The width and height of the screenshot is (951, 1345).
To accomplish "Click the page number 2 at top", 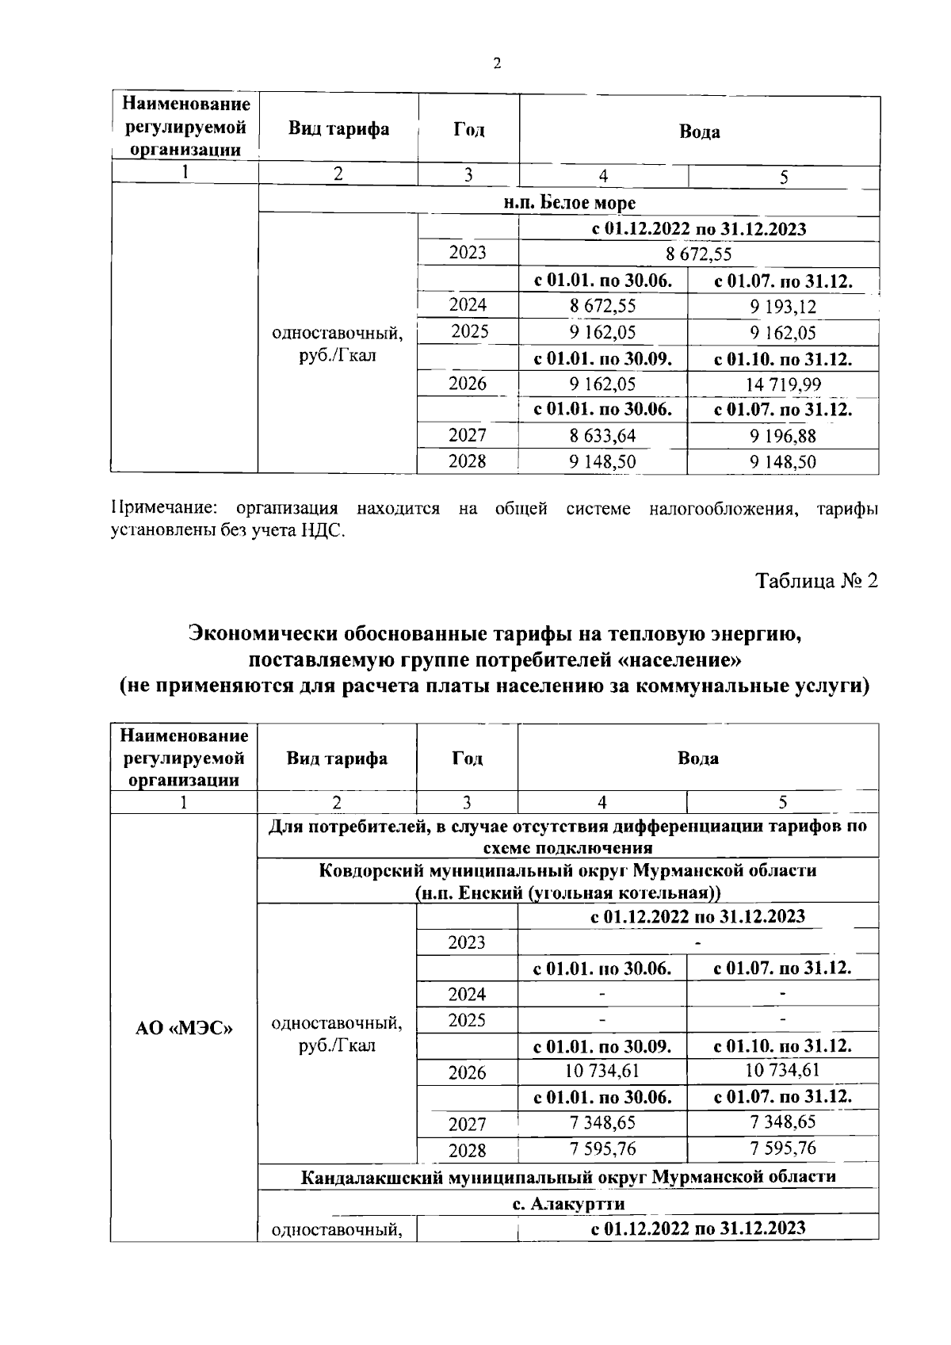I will tap(497, 64).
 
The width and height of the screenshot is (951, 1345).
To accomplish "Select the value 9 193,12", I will tap(784, 307).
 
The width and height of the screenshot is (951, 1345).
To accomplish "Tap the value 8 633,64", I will tap(602, 436).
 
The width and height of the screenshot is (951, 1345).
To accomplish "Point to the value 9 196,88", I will tap(784, 436).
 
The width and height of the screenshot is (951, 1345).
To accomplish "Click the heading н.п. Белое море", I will tap(570, 203).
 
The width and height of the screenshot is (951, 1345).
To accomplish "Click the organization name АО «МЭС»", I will tap(184, 1029).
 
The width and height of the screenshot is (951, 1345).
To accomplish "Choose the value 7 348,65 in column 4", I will tap(602, 1122).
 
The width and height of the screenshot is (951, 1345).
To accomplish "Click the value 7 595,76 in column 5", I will tap(783, 1148).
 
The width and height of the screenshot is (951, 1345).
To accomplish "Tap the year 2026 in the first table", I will tap(468, 384).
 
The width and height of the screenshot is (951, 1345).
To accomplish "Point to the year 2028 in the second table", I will tap(467, 1150).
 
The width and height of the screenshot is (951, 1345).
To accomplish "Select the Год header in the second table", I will tap(467, 758).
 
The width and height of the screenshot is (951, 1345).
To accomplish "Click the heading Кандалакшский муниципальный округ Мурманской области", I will tap(568, 1176).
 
